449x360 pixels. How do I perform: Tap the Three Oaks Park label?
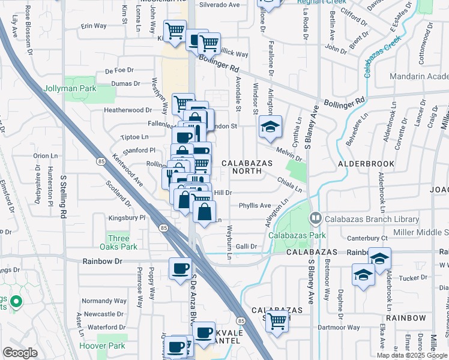coord(122,242)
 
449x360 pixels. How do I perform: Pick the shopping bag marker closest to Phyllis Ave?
coord(205,211)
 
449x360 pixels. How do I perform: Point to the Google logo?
coord(20,353)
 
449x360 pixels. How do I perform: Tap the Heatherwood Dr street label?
coord(128,110)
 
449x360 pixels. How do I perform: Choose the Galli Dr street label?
coord(246,246)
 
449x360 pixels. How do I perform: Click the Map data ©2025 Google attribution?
coord(411,355)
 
